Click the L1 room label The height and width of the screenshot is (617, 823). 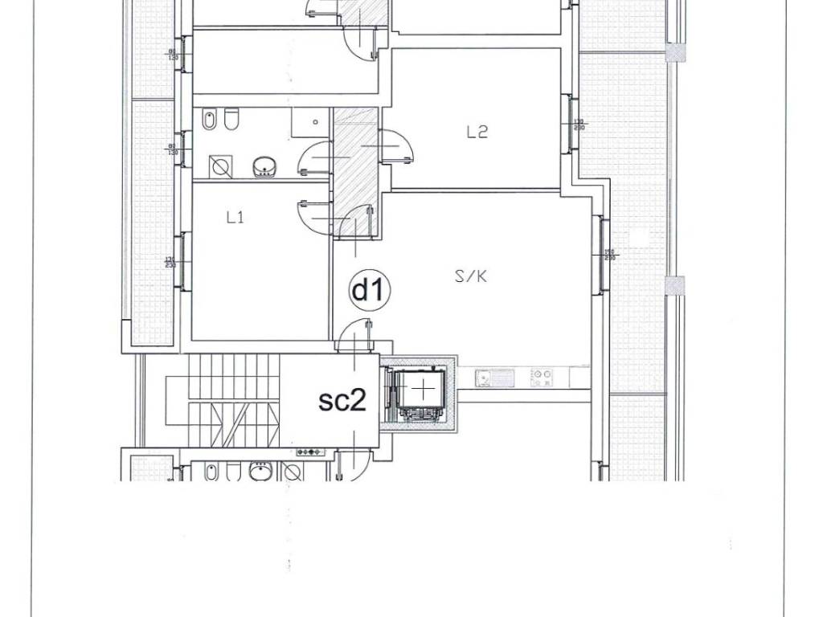coord(235,217)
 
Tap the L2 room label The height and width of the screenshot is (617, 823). coord(477,133)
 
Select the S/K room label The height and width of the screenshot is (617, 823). coord(472,277)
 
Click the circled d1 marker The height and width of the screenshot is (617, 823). coord(369,291)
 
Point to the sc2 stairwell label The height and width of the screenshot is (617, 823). coord(342,400)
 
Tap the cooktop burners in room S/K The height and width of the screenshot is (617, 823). coord(543,375)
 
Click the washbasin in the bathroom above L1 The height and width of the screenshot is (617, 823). coord(264,167)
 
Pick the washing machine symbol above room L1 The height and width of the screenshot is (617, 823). coord(219,167)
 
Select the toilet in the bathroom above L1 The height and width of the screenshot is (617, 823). coord(232,121)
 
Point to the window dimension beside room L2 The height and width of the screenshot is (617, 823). coord(579,125)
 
